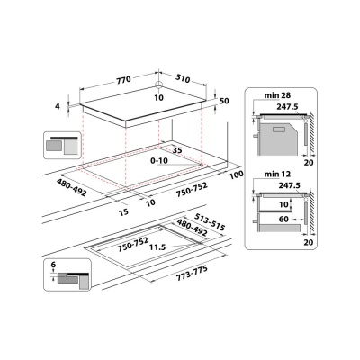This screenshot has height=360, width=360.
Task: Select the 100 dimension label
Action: tap(237, 173)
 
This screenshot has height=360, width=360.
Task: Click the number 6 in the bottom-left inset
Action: tap(54, 266)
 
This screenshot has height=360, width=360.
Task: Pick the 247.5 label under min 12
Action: tap(286, 186)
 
